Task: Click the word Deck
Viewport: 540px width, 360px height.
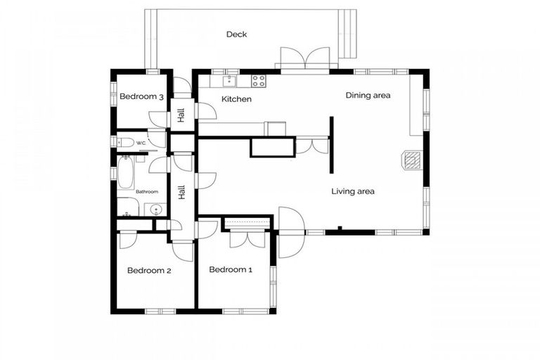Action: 236,34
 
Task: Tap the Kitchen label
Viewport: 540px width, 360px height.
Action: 236,100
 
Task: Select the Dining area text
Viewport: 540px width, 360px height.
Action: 368,96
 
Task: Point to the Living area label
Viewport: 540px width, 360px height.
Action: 353,191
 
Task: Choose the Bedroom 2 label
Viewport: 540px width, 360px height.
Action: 149,270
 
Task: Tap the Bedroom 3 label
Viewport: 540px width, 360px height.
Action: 141,97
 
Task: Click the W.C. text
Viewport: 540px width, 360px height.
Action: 141,143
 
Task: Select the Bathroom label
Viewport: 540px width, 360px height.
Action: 147,191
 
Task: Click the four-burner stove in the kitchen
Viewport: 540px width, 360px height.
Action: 258,81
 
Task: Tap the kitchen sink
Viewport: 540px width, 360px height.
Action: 229,81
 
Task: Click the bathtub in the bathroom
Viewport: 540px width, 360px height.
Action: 126,173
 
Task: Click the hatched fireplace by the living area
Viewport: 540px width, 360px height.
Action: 411,160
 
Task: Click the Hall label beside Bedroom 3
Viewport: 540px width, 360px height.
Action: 181,115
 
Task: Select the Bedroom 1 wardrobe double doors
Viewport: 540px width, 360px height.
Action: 245,238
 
